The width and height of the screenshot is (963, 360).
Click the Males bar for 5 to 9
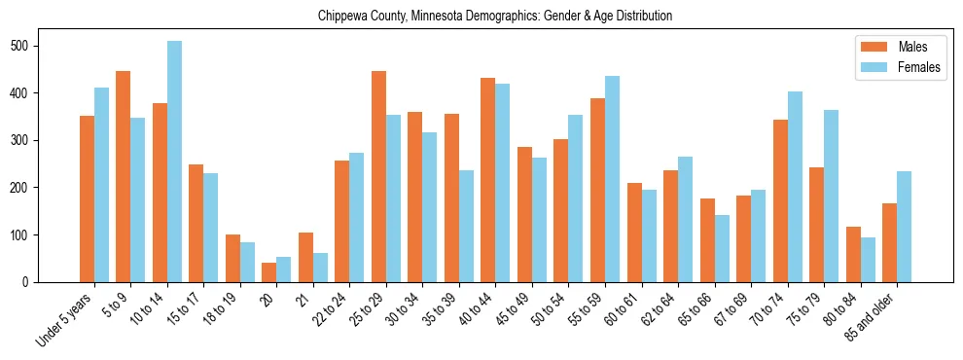[x=124, y=177]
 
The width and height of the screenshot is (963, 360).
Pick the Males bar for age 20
[x=269, y=272]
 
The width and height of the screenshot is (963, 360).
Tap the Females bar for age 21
[x=320, y=268]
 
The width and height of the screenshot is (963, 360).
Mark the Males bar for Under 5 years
[x=87, y=199]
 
